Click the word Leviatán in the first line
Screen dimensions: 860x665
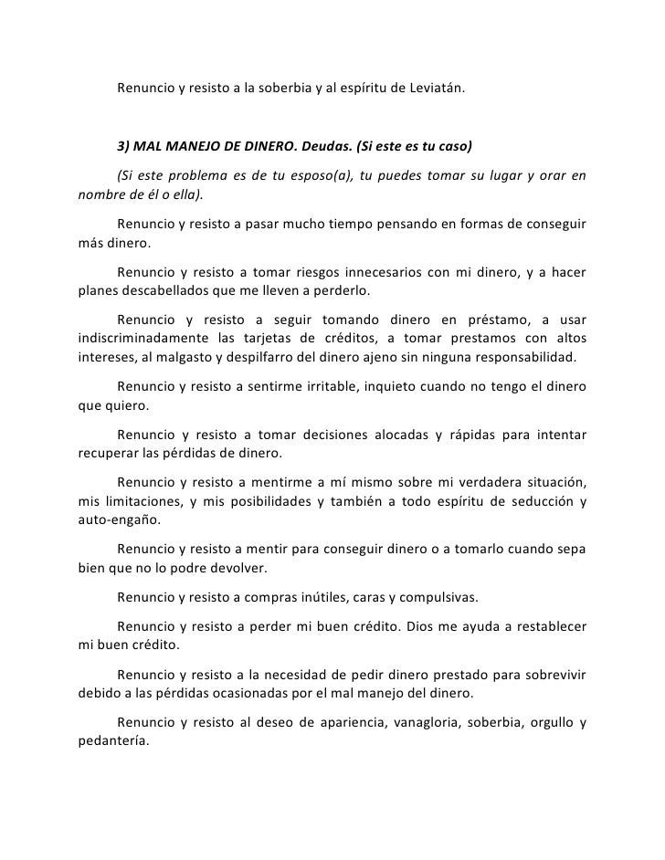point(435,89)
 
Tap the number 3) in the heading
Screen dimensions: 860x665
point(124,148)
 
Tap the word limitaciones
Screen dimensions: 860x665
point(138,502)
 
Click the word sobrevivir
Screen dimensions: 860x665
point(554,675)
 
